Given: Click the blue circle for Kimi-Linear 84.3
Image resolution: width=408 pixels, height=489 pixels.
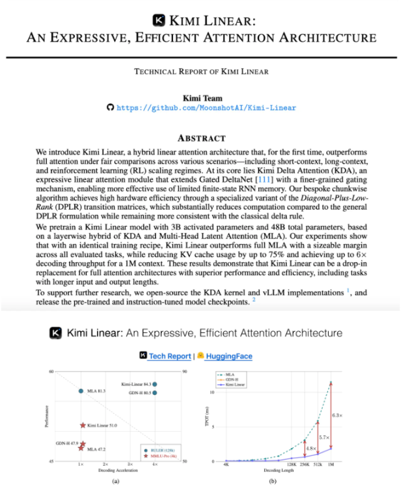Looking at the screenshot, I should point(154,384).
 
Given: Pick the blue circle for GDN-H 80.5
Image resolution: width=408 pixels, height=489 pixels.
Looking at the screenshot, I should point(154,393).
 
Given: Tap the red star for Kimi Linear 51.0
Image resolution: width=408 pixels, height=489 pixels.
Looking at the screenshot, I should point(83,425).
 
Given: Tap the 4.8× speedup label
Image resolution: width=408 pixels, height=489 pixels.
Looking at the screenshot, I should point(312,448).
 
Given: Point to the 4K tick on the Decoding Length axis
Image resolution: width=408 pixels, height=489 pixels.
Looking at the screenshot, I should point(225,464).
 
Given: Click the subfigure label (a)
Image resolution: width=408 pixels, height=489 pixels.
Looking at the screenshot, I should point(116,481).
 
